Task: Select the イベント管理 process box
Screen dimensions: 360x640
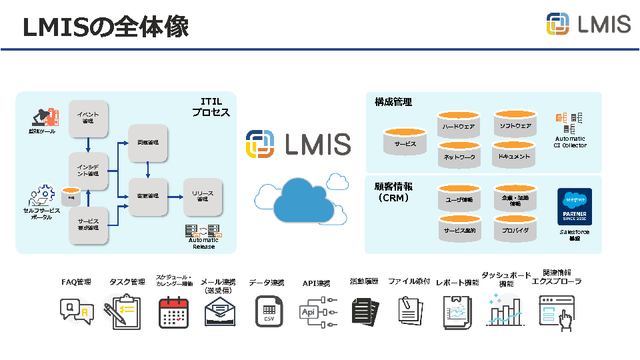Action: (x=88, y=118)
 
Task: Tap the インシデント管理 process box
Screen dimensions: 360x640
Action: (x=88, y=170)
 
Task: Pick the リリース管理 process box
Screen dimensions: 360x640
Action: (x=203, y=196)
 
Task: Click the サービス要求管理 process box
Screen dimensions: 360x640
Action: (x=88, y=223)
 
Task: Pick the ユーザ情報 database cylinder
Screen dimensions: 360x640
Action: (x=459, y=198)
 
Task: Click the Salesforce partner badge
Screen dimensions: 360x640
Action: (x=575, y=207)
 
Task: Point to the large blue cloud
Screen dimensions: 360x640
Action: (x=299, y=200)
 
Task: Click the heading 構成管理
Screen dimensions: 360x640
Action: (x=393, y=102)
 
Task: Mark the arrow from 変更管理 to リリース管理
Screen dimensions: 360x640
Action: (x=174, y=196)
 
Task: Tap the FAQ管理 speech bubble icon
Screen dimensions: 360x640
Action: (x=76, y=311)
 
